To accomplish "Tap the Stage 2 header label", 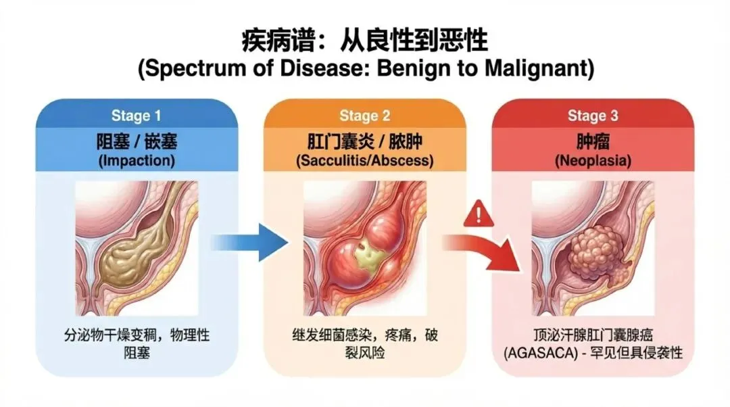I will (364, 116).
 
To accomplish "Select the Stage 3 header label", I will (592, 116).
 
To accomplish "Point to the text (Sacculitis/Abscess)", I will (364, 162).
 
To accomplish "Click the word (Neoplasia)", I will (593, 162).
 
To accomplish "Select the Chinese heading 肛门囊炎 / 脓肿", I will (364, 143).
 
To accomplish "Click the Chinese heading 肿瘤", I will (593, 143).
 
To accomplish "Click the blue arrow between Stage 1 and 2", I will (246, 241).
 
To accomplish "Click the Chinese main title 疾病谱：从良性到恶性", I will (364, 41).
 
